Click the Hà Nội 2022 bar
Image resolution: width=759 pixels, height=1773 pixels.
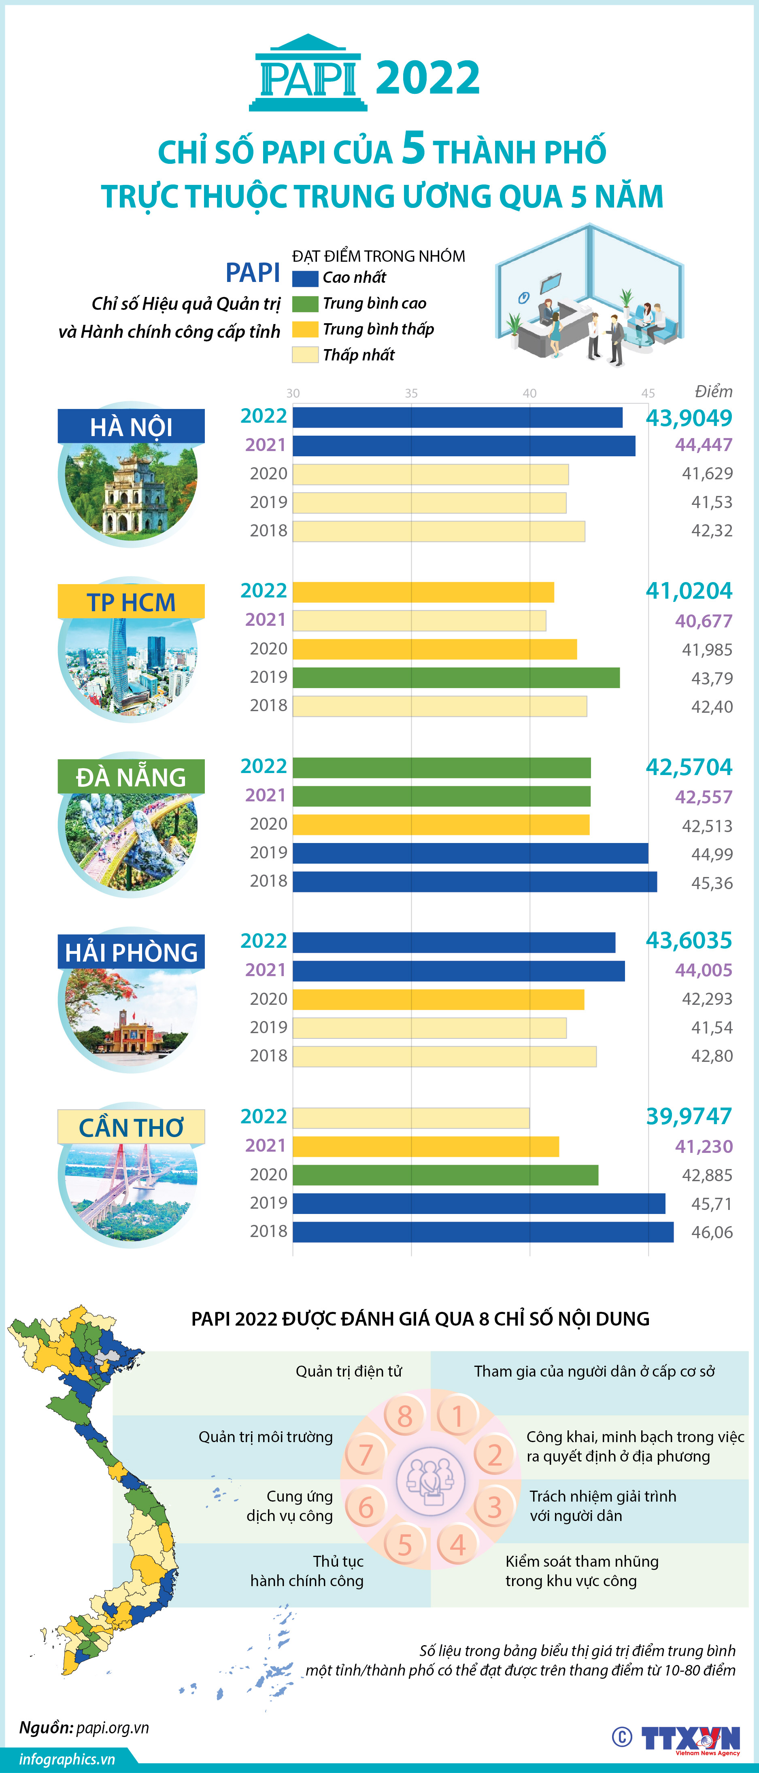[457, 417]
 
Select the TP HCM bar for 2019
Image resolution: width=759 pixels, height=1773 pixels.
[456, 677]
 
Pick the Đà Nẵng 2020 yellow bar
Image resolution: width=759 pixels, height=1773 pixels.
[441, 824]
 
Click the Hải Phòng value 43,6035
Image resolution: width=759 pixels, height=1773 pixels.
[688, 940]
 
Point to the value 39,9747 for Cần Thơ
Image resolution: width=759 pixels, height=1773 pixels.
[688, 1116]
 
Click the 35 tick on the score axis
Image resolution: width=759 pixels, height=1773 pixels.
[411, 393]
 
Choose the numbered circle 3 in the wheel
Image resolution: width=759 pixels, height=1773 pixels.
[494, 1507]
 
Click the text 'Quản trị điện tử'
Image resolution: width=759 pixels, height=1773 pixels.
[349, 1371]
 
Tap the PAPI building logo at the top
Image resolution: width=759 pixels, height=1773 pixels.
[308, 74]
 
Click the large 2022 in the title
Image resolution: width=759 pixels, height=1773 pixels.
[428, 77]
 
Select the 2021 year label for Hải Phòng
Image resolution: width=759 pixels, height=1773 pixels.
[265, 970]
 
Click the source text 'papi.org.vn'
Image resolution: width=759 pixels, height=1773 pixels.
[112, 1728]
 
